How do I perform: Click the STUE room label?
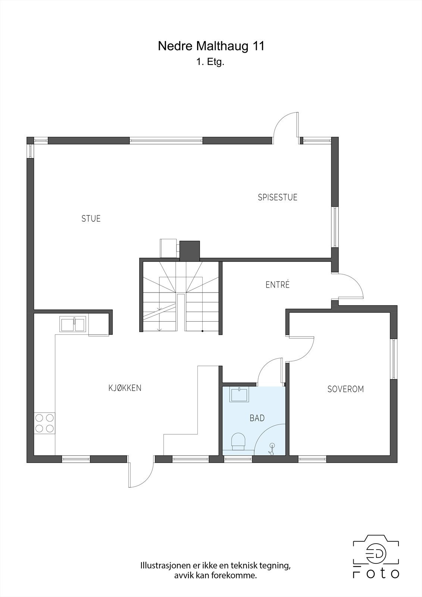[x=91, y=219]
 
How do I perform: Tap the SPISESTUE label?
[x=278, y=197]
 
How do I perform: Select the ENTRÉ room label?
[x=278, y=285]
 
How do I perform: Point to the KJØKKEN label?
[x=125, y=388]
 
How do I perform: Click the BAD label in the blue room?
[x=257, y=418]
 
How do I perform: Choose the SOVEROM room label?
[x=346, y=389]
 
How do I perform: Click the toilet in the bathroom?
[x=238, y=442]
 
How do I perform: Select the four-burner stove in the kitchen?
[x=44, y=423]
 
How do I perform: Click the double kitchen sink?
[x=72, y=324]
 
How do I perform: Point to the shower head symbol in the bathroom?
[x=272, y=449]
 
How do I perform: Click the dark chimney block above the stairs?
[x=190, y=251]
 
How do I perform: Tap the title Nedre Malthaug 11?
[x=211, y=46]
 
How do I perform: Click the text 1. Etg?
[x=210, y=62]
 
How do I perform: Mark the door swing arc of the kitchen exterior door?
[x=141, y=472]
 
